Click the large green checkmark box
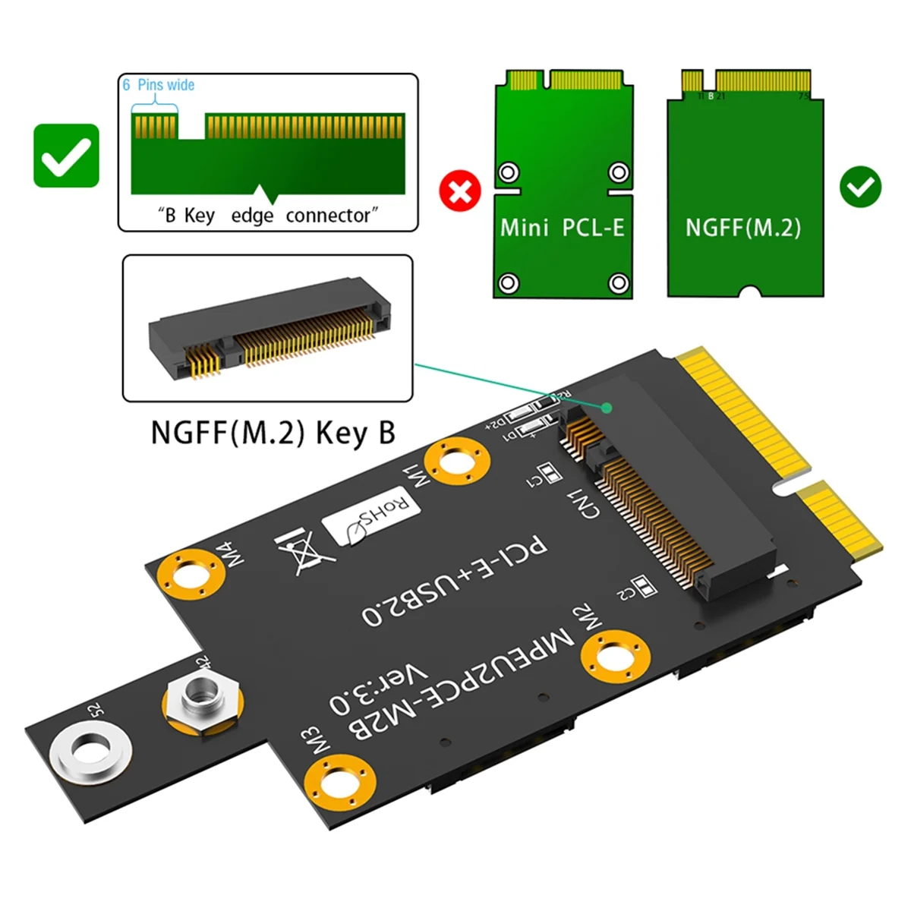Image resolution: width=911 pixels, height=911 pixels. (x=67, y=156)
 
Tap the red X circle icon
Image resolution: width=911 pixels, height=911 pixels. (x=460, y=191)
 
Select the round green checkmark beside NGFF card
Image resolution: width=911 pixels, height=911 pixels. (x=860, y=188)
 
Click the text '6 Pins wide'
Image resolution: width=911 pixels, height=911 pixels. (x=159, y=85)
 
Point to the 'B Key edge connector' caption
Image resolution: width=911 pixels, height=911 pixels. (x=268, y=216)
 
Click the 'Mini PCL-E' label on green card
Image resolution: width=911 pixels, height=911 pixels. (x=562, y=227)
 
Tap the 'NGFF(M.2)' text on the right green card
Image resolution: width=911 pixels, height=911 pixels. (x=743, y=227)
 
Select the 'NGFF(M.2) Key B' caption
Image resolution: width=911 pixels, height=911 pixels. (x=273, y=433)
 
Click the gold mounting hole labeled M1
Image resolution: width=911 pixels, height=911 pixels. (x=456, y=462)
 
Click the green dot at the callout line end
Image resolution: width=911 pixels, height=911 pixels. (x=607, y=408)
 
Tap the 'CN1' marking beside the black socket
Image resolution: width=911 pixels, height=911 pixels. (x=584, y=505)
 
